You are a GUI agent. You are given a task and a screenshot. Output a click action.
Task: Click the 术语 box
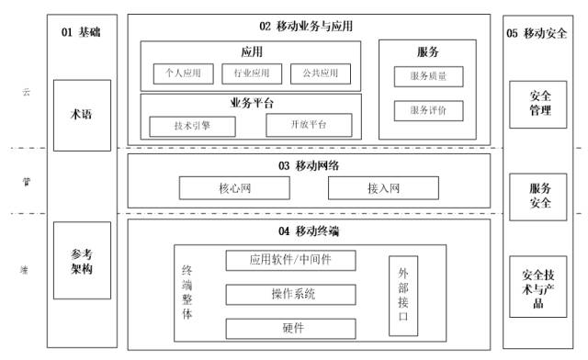(83, 115)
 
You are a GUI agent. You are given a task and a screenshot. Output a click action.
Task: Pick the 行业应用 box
(250, 72)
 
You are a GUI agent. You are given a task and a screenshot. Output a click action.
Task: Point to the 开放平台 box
(309, 124)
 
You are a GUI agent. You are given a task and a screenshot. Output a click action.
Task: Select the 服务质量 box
(428, 76)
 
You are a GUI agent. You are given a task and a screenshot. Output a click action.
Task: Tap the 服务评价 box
(428, 111)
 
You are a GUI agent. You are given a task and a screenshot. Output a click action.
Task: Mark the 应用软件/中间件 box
(290, 260)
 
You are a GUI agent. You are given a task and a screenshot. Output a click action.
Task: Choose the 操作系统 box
(290, 294)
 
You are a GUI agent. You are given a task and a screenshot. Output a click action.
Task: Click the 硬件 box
(290, 327)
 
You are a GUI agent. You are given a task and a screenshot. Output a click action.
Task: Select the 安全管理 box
(541, 103)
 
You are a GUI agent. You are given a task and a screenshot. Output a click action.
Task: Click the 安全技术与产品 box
(540, 287)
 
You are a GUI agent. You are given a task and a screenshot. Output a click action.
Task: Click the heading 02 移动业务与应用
(307, 26)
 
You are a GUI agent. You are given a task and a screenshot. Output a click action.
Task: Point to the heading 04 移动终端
(306, 230)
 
